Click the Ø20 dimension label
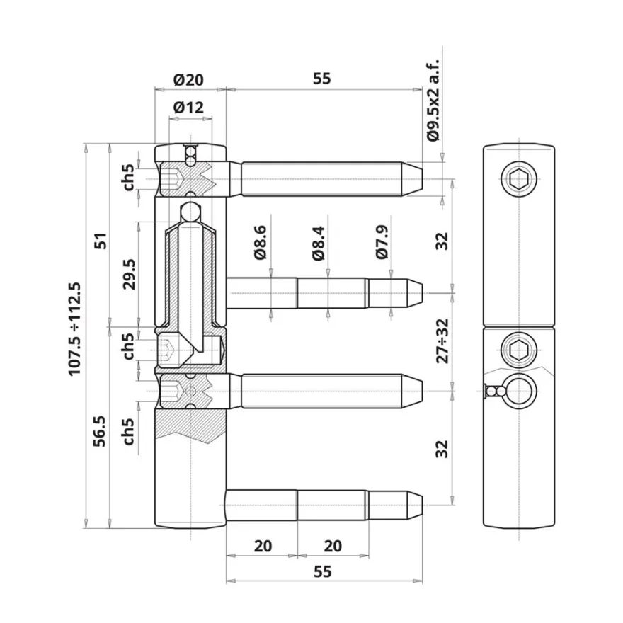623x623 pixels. point(188,80)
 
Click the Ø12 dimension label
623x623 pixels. point(188,108)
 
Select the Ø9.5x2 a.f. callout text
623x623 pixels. point(433,100)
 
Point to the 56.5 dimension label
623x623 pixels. point(99,431)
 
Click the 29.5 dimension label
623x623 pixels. point(130,274)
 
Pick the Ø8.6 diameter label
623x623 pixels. point(261,242)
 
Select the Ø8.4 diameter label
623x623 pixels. point(319,243)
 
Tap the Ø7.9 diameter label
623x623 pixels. point(382,242)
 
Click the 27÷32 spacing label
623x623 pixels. point(442,341)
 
